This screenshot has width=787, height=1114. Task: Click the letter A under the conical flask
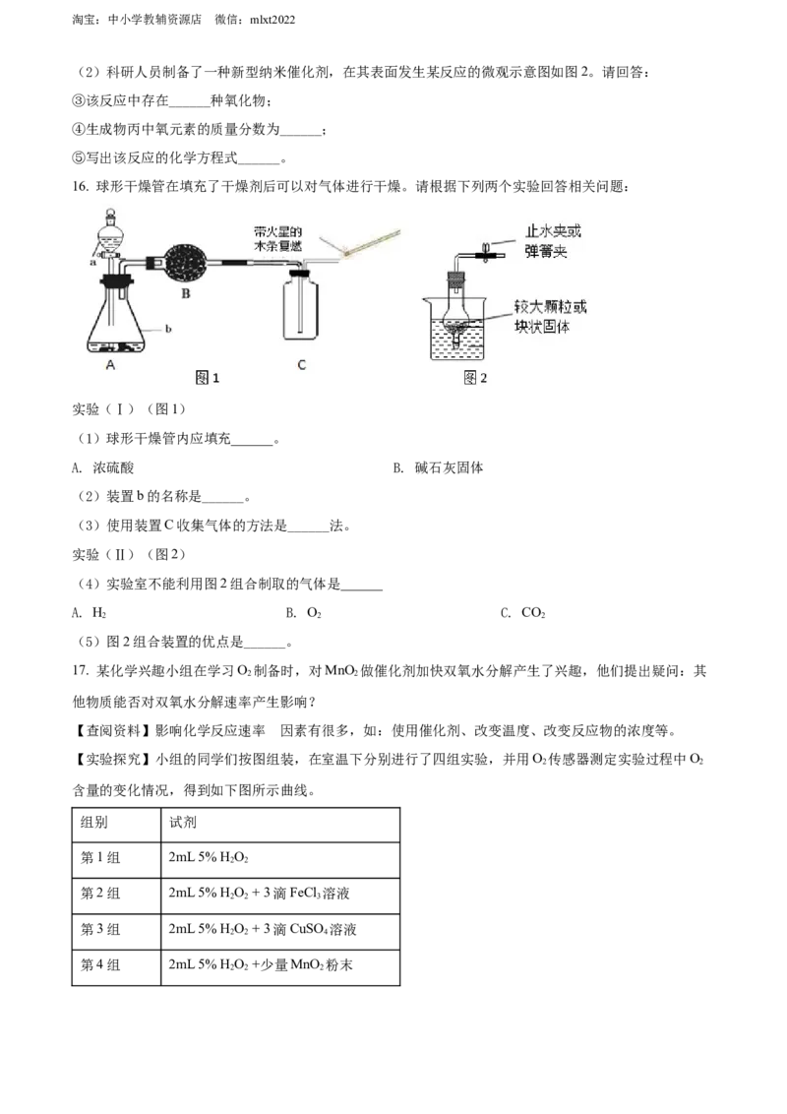111,364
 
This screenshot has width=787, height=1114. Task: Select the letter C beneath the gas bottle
301,365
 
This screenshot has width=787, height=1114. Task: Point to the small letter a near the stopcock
93,263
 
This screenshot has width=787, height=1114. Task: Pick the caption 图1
207,378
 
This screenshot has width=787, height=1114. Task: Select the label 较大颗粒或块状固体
554,316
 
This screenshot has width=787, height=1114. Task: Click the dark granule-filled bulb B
184,262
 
